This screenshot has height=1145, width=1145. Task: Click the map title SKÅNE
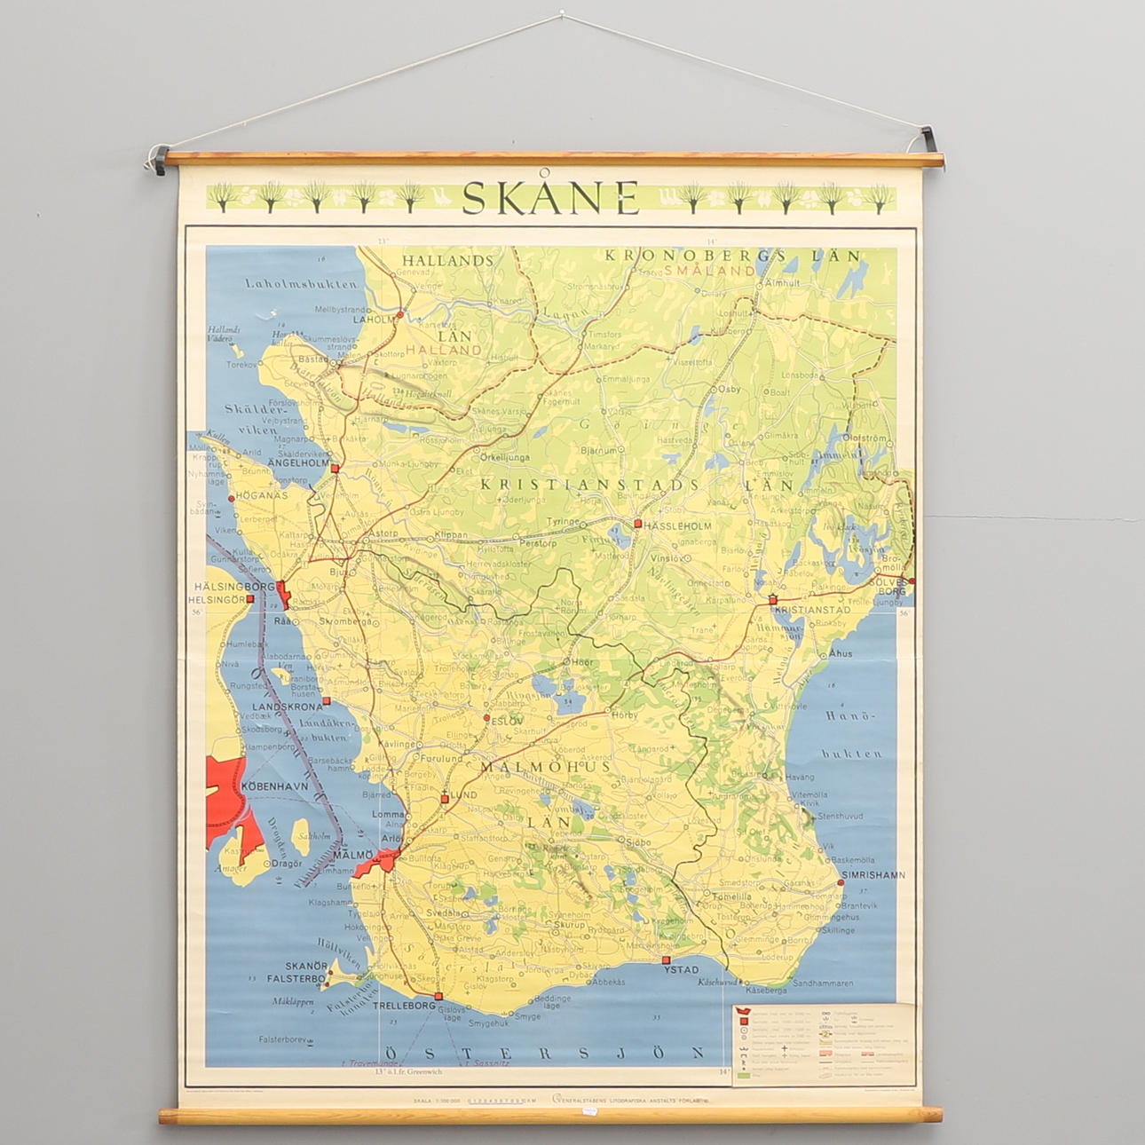point(550,197)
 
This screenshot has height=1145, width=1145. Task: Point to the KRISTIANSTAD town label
point(812,611)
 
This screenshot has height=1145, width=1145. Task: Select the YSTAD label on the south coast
point(681,970)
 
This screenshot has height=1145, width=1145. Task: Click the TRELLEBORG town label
point(402,1006)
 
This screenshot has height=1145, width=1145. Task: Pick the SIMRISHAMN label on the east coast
point(873,874)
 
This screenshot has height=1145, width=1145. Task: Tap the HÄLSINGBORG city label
point(235,587)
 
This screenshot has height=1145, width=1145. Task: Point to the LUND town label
point(463,795)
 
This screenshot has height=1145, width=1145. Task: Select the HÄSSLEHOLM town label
point(678,525)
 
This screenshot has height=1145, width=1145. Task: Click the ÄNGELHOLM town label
point(298,462)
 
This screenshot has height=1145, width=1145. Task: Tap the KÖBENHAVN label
point(275,786)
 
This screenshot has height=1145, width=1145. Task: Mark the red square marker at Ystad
point(667,959)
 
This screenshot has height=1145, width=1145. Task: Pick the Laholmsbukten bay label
point(302,285)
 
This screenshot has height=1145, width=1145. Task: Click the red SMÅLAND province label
point(709,270)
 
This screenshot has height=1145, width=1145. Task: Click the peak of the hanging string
point(562,13)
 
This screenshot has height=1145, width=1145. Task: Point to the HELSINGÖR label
point(217,600)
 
